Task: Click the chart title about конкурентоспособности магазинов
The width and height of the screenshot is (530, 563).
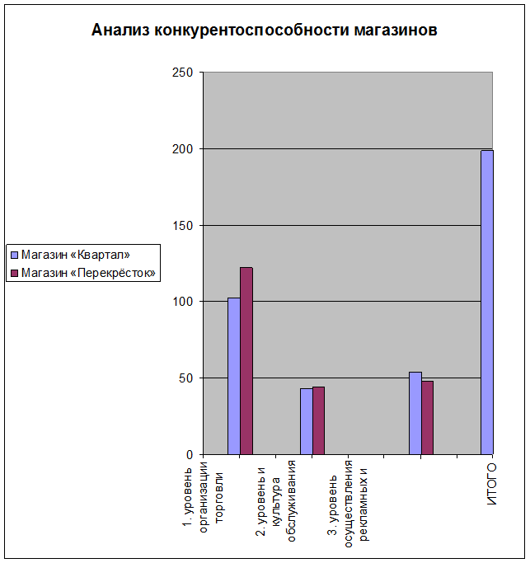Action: click(x=264, y=31)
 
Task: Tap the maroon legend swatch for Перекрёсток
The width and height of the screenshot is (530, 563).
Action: click(x=14, y=272)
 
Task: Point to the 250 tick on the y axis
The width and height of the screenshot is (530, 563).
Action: click(x=183, y=73)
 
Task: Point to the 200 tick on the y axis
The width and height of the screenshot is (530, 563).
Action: click(x=183, y=149)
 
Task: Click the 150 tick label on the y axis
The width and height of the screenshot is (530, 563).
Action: click(x=183, y=225)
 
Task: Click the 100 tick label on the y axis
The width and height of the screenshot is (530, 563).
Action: click(x=183, y=302)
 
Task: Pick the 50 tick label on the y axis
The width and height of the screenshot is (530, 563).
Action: click(x=185, y=378)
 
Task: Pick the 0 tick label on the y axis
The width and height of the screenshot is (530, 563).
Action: click(x=189, y=454)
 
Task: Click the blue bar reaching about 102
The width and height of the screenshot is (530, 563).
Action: click(x=234, y=376)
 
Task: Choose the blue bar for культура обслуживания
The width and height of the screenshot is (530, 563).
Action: click(x=306, y=421)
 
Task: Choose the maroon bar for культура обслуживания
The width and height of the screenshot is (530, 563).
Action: click(x=318, y=420)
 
